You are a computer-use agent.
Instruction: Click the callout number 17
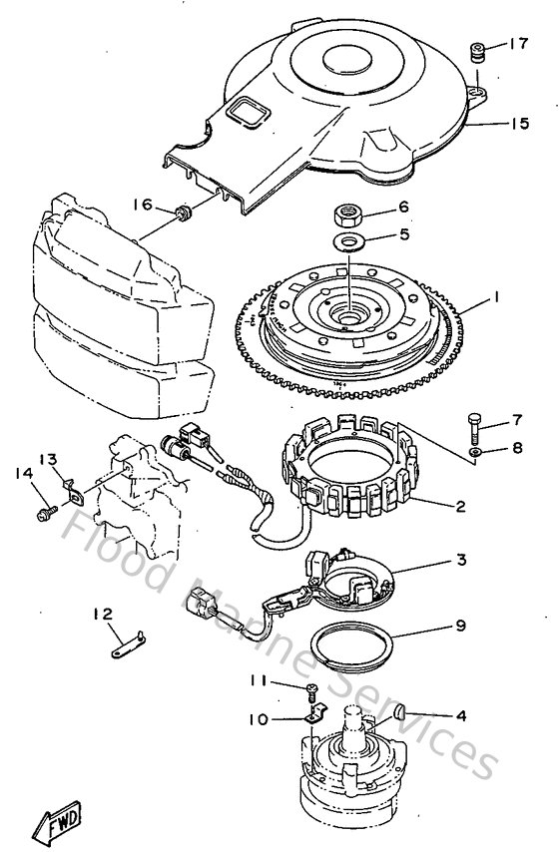coord(517,44)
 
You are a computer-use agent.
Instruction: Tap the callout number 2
coord(460,506)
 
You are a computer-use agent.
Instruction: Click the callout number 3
coord(460,561)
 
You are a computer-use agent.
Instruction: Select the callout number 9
coord(460,627)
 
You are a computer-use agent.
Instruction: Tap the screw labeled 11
coord(311,688)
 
